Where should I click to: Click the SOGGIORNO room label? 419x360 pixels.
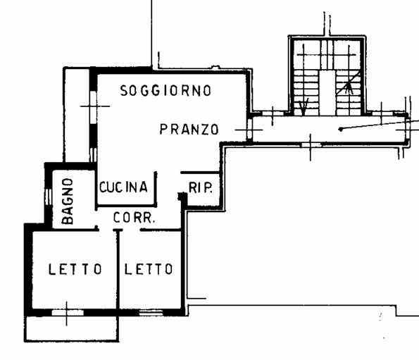click(165, 91)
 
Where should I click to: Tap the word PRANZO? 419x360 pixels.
click(189, 130)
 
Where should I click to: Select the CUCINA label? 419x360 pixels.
click(123, 187)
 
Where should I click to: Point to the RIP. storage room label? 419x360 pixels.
click(201, 187)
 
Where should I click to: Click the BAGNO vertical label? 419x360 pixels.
click(68, 201)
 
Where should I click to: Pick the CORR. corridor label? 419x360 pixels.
click(134, 218)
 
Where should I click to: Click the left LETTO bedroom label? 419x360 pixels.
click(75, 269)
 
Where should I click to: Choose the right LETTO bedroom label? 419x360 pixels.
click(149, 269)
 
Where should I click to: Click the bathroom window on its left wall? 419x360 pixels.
click(49, 197)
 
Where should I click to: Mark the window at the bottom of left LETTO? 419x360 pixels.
click(68, 312)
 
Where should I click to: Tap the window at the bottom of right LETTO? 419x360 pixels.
click(151, 312)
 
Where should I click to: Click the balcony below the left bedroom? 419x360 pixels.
click(71, 328)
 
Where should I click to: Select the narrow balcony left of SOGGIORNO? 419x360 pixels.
click(77, 116)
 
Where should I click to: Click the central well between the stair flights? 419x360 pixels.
click(327, 93)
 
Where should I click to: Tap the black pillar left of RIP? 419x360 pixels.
click(182, 197)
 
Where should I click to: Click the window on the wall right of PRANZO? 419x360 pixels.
click(249, 129)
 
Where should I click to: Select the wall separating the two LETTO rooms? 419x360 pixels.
click(118, 270)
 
